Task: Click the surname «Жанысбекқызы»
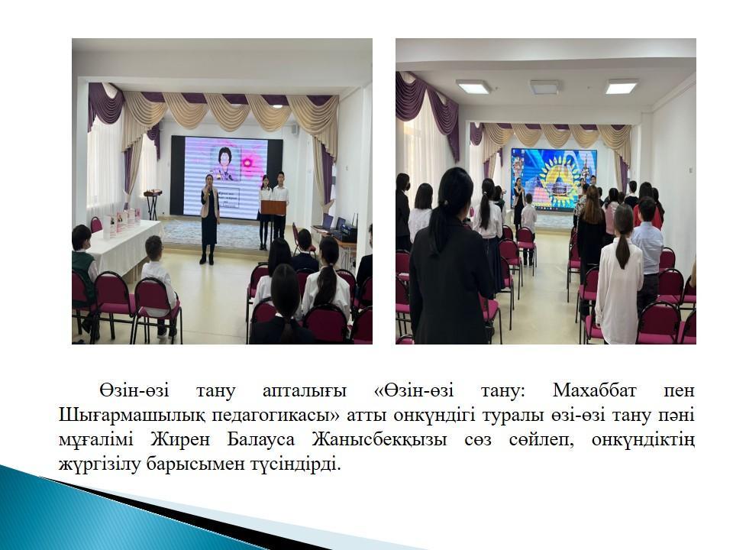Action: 379,441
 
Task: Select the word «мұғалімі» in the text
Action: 96,441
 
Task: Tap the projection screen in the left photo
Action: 226,178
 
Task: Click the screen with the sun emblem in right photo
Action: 554,180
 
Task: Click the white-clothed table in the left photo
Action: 124,247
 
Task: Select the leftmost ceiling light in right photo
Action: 473,86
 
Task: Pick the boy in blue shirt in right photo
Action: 647,253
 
